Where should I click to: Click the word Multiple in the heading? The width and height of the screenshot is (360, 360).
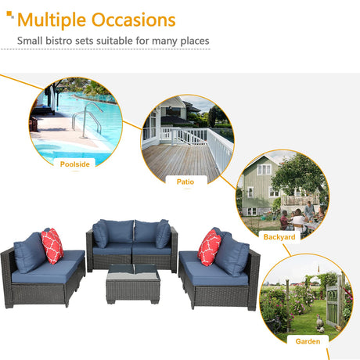(52, 20)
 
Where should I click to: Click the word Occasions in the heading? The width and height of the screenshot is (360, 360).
(134, 20)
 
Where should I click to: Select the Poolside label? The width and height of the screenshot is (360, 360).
(75, 164)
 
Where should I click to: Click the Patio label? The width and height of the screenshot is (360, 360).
(185, 182)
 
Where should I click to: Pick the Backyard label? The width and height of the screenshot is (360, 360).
(279, 237)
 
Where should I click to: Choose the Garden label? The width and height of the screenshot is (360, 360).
(308, 341)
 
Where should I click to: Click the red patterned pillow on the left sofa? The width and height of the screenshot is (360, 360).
(52, 246)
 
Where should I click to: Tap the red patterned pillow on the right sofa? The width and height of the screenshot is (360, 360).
(209, 248)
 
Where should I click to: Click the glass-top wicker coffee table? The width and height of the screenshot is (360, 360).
(133, 284)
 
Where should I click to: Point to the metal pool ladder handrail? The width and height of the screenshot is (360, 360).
(87, 119)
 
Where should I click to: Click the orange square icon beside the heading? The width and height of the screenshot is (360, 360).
(9, 14)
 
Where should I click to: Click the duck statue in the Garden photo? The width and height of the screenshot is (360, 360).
(320, 323)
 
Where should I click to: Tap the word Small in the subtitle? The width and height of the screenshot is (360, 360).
(30, 41)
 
